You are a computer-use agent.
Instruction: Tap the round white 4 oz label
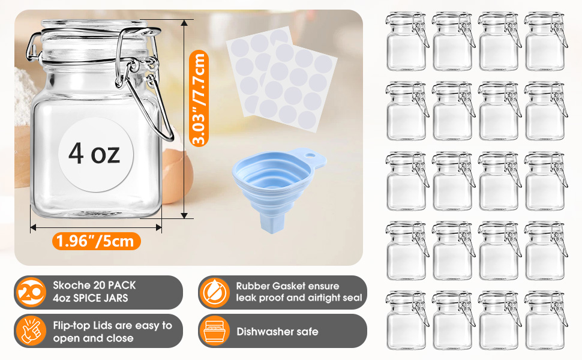[x=96, y=154]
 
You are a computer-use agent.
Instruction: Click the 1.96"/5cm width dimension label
[x=96, y=241]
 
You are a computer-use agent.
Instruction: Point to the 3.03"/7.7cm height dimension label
[x=199, y=98]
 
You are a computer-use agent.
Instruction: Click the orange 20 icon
[x=31, y=292]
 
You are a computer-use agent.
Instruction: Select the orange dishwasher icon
[x=214, y=331]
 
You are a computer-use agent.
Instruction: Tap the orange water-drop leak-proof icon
[x=214, y=292]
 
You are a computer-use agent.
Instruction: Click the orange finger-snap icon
[x=31, y=331]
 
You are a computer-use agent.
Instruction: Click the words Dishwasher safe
[x=277, y=331]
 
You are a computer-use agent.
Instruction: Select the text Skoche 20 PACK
[x=94, y=285]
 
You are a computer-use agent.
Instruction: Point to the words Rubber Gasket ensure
[x=287, y=286]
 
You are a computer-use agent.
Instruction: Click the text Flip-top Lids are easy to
[x=112, y=325]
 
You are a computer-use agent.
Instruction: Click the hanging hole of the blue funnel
[x=310, y=153]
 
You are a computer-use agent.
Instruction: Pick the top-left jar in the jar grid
[x=406, y=41]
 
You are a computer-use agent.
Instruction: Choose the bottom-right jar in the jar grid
[x=545, y=320]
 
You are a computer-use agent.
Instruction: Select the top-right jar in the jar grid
[x=545, y=41]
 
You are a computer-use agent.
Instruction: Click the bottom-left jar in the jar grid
[x=406, y=320]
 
